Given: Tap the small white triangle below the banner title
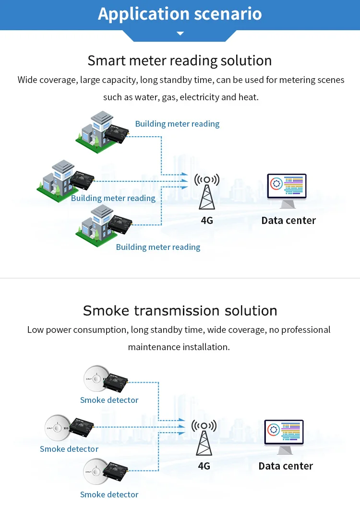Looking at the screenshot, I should (x=180, y=34).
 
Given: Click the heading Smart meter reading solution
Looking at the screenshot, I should (x=180, y=61).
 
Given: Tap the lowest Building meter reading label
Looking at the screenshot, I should (x=158, y=247).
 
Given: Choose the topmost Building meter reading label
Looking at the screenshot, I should (x=177, y=124).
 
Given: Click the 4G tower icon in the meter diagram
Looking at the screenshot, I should (x=207, y=191).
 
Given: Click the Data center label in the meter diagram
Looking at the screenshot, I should (x=288, y=221).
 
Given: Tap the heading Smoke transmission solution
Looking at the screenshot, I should (x=180, y=311).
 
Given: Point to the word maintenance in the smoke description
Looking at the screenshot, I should (x=151, y=347).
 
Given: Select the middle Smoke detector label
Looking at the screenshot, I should (x=69, y=449).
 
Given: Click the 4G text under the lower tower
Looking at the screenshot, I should (x=204, y=466).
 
